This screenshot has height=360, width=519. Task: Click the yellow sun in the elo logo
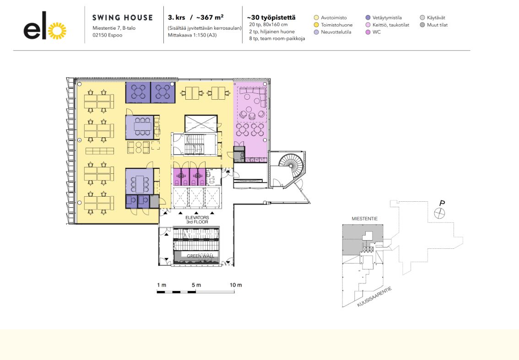[57, 31]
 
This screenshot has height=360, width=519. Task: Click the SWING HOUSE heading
[123, 18]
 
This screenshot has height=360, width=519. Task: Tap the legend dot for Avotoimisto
[316, 18]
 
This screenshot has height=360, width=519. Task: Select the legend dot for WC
[368, 32]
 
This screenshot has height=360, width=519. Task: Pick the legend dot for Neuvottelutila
[316, 32]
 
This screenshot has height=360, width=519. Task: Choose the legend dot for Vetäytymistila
[368, 18]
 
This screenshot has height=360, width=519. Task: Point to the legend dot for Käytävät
[422, 18]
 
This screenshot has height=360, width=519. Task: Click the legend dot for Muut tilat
[422, 25]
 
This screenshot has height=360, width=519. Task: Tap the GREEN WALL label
[196, 255]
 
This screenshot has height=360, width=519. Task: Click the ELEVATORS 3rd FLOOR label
[197, 220]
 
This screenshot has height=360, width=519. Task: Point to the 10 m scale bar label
[236, 285]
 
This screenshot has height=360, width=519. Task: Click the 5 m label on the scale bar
[196, 285]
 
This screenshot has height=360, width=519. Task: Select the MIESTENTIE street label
[364, 219]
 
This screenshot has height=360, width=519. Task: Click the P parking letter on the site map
[442, 203]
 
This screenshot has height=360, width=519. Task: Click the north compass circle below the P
[438, 212]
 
